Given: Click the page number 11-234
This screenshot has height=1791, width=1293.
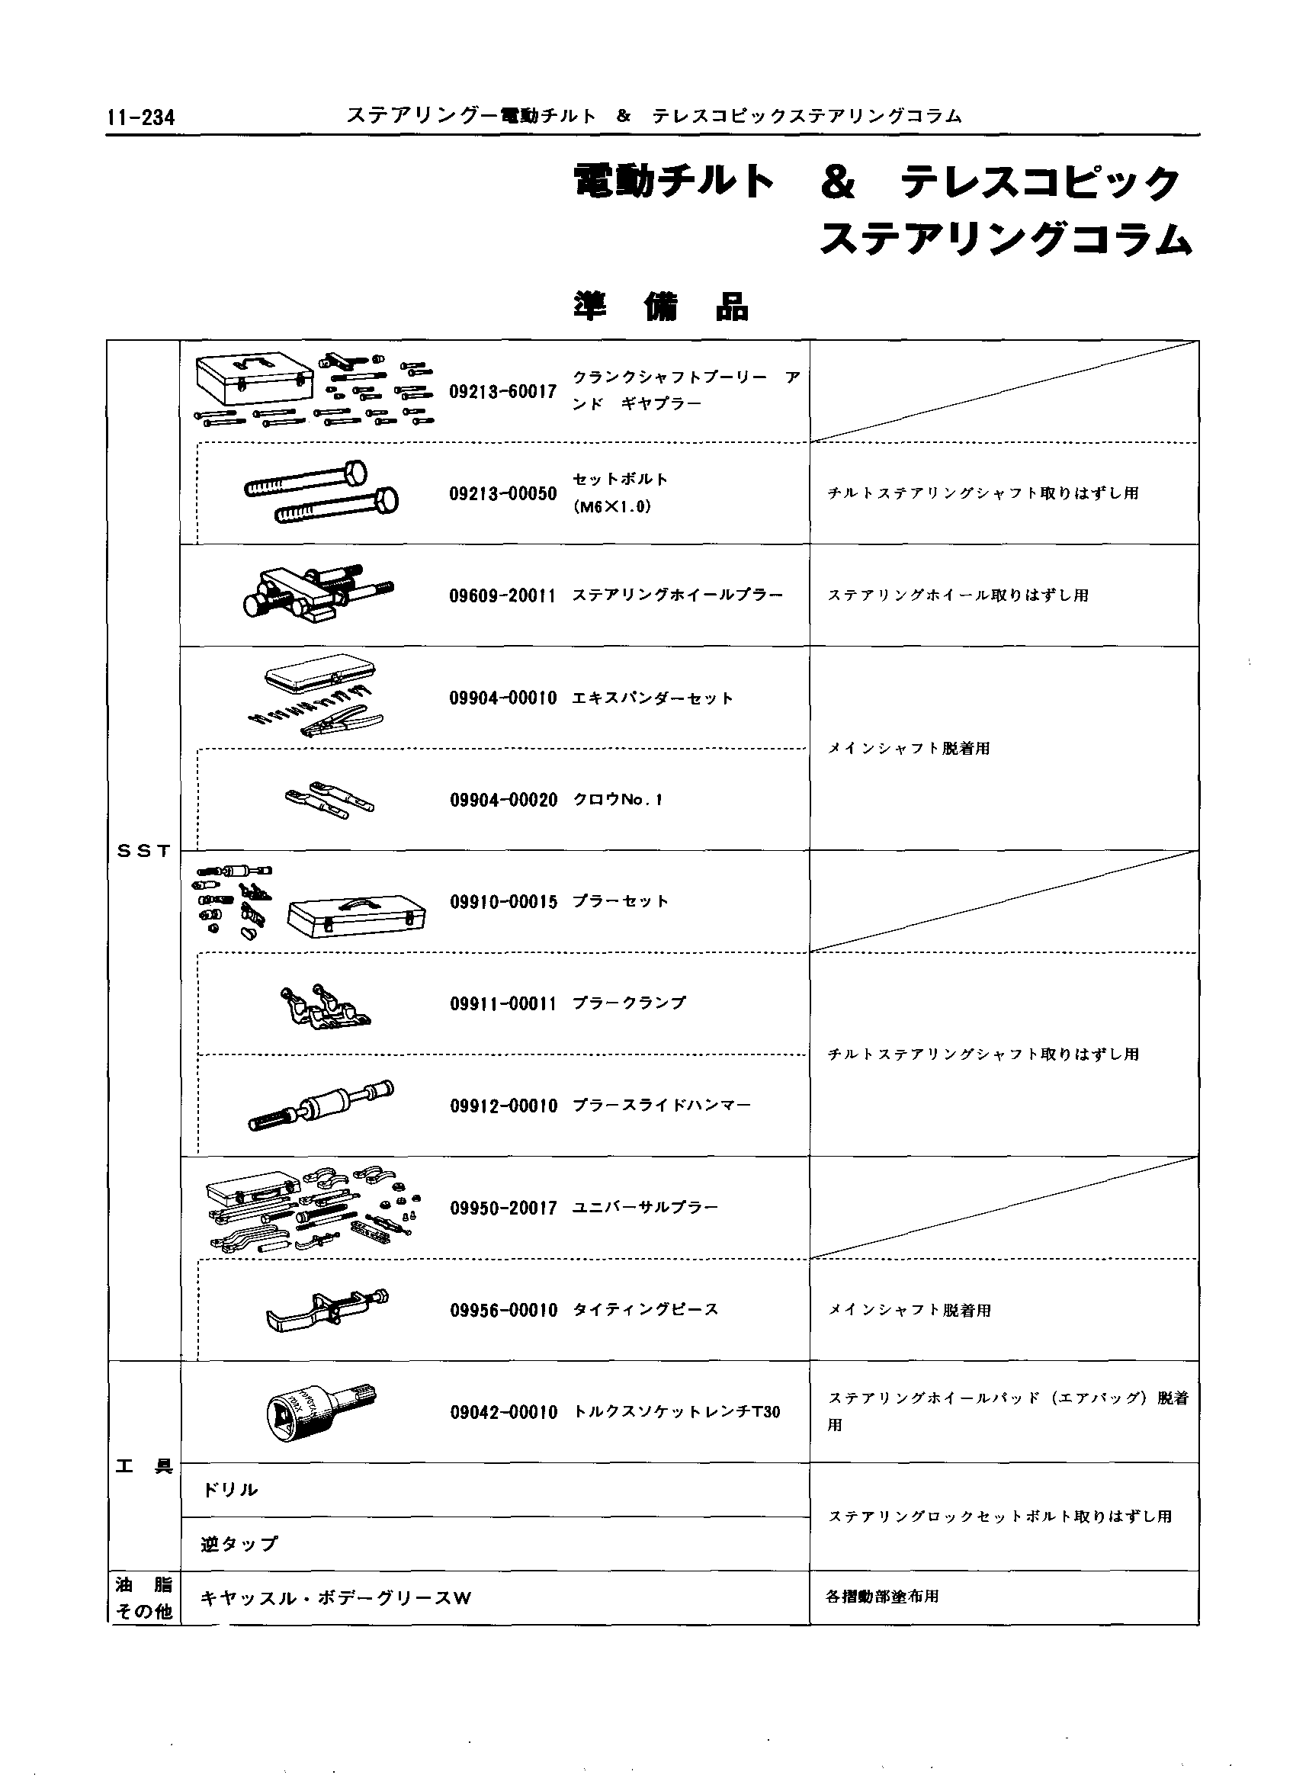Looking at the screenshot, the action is [x=142, y=118].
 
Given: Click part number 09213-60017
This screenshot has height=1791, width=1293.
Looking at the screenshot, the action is [x=503, y=392].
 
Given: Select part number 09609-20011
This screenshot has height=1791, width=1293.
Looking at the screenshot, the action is [x=503, y=595].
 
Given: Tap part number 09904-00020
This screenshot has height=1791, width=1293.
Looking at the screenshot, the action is [x=503, y=800].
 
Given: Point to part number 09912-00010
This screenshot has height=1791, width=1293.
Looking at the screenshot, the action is [x=503, y=1106].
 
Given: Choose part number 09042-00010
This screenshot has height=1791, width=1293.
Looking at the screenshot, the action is [x=503, y=1413].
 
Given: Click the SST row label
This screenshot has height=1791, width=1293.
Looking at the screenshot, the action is [x=143, y=851].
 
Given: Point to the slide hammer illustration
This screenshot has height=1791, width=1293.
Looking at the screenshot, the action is [x=320, y=1105].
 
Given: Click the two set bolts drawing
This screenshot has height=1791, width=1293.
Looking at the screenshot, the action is [x=320, y=493].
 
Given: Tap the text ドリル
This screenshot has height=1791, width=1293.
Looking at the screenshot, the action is [x=230, y=1490].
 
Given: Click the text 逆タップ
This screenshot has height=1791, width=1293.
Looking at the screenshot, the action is [x=239, y=1544].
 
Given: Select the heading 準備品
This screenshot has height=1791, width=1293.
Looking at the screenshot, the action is [x=661, y=308].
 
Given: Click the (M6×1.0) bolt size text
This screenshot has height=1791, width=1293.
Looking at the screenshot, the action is [x=612, y=507].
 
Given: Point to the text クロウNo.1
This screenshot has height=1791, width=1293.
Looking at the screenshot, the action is [x=618, y=800].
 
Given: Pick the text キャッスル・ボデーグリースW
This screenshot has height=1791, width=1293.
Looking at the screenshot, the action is [x=336, y=1598].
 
